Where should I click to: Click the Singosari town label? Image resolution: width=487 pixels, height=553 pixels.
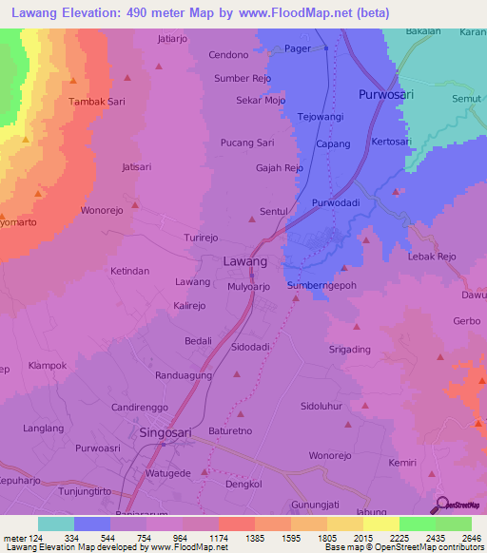(x=171, y=432)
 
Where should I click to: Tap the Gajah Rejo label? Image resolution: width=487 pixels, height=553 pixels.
(x=280, y=168)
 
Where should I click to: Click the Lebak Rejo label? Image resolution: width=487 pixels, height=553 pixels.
(x=432, y=257)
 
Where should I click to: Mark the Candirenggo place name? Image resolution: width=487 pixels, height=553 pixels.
(x=140, y=407)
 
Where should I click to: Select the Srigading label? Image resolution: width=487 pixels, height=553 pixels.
(x=350, y=350)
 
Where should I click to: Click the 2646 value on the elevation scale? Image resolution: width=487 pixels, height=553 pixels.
(x=471, y=539)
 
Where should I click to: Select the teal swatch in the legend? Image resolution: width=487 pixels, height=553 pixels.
(x=56, y=524)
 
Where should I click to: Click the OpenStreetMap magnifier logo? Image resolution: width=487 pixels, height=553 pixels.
(x=441, y=505)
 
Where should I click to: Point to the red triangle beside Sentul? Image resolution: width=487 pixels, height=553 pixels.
(x=251, y=219)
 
